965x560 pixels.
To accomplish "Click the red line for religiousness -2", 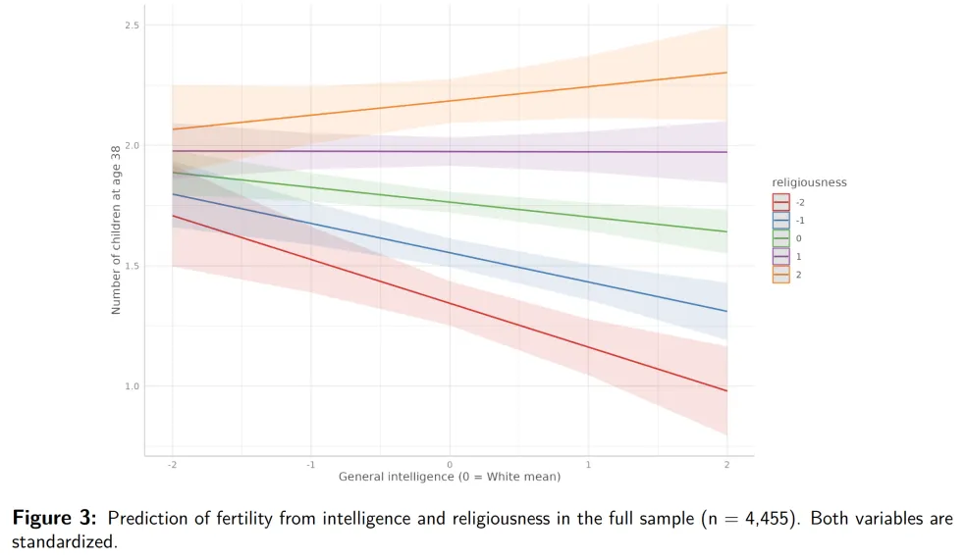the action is click(450, 303).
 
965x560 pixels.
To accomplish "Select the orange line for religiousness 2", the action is click(450, 101).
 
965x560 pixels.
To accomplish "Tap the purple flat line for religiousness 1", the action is click(450, 151).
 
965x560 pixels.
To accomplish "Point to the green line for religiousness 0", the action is click(450, 202).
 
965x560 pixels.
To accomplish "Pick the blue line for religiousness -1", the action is click(450, 253).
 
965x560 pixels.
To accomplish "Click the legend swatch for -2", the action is click(781, 202).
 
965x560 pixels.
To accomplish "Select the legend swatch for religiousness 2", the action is click(781, 275).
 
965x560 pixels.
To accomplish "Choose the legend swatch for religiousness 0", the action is click(781, 238).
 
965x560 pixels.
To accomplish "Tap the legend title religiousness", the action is click(809, 182).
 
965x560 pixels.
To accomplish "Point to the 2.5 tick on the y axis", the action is click(132, 25).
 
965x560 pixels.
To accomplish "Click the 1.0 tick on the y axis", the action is click(132, 386).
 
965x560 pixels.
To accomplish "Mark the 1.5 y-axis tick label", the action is click(132, 266).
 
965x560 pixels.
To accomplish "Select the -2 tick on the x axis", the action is click(173, 465).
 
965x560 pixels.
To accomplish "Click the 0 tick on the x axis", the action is click(450, 465).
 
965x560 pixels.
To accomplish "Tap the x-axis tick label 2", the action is click(726, 465).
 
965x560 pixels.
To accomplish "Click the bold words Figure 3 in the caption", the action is click(54, 518).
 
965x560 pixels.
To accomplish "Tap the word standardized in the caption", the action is click(64, 542).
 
